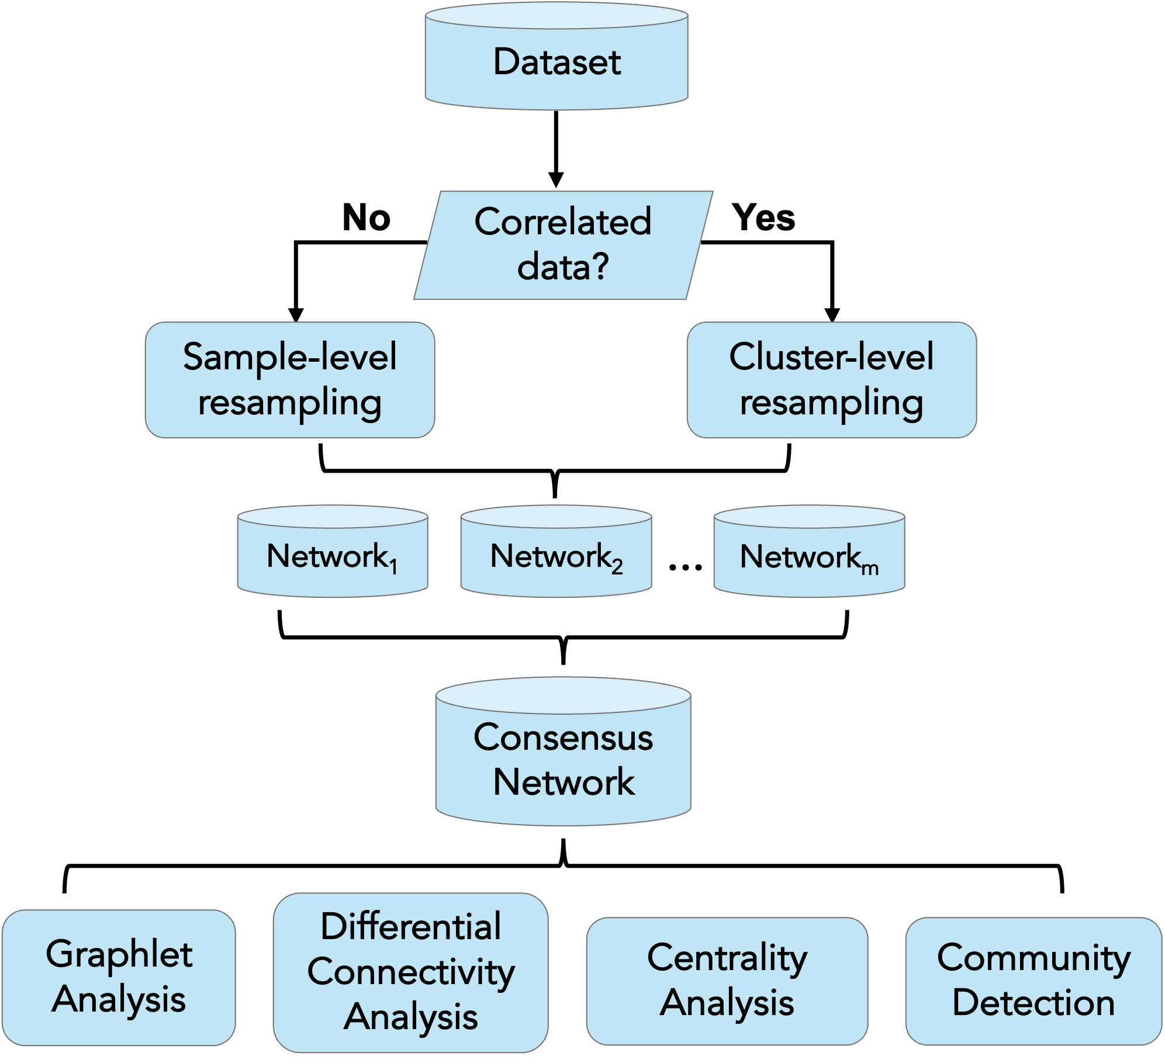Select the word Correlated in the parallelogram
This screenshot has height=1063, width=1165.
[x=562, y=222]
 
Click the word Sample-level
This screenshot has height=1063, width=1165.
[x=289, y=357]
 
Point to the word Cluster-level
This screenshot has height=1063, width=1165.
[x=831, y=357]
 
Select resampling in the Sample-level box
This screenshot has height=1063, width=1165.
[x=289, y=403]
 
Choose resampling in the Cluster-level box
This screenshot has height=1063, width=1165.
[x=831, y=403]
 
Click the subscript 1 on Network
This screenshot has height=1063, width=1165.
[x=394, y=566]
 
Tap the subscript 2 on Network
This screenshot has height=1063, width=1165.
[x=617, y=566]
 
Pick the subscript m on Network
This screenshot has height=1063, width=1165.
[x=870, y=567]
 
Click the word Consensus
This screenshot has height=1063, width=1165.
[x=563, y=737]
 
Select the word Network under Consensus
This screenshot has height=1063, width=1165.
[x=563, y=782]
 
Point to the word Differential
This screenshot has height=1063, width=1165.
[x=410, y=927]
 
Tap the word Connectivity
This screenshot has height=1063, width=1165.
[x=410, y=972]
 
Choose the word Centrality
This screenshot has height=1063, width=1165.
[x=727, y=958]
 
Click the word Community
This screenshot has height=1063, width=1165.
[x=1033, y=958]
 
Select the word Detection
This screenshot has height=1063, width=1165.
[x=1033, y=1003]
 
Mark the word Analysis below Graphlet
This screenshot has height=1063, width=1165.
[x=119, y=999]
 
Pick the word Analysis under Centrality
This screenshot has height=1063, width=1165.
[x=727, y=1003]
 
